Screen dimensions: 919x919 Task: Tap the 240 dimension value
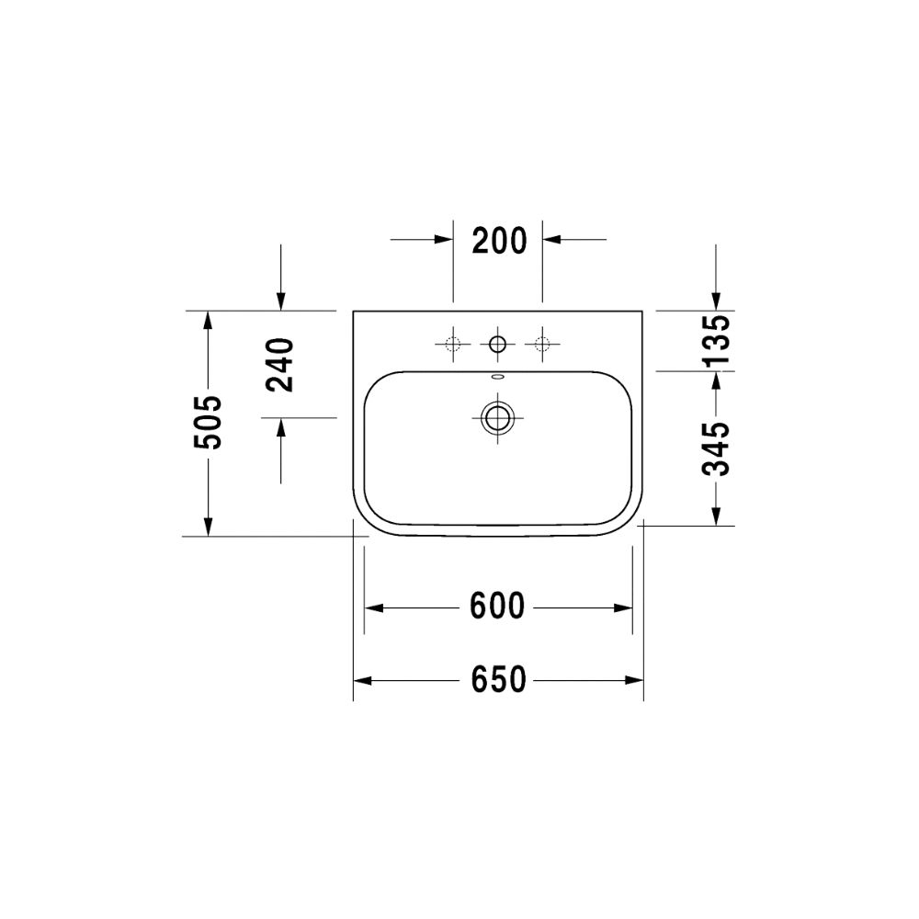click(279, 365)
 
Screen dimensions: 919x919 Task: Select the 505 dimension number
click(208, 423)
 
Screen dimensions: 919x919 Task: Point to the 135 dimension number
click(716, 340)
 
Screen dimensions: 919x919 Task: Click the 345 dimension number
click(716, 449)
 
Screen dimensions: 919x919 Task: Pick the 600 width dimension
click(497, 607)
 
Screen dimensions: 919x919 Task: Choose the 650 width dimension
click(499, 680)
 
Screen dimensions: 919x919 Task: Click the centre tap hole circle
click(497, 344)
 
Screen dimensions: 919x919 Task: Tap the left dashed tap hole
click(453, 344)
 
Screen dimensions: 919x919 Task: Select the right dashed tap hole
click(542, 344)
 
